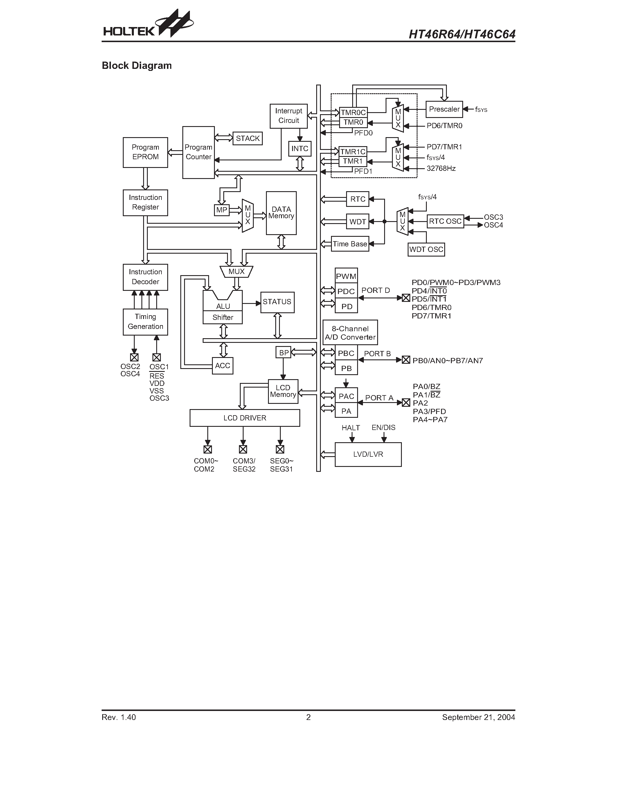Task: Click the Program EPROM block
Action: [x=145, y=152]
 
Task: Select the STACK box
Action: [x=247, y=138]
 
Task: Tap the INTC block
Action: [x=300, y=148]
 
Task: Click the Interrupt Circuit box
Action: [x=288, y=116]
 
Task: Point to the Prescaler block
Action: [x=444, y=109]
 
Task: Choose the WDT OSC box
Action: [x=426, y=250]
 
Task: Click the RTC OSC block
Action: [x=445, y=221]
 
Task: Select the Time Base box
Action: [x=350, y=244]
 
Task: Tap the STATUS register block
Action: [x=277, y=302]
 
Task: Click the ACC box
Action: [x=223, y=366]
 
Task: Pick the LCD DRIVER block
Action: [x=244, y=418]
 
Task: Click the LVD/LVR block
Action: [x=368, y=454]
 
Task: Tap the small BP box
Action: [x=283, y=353]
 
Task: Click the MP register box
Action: [x=222, y=210]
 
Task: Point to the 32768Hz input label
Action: [x=441, y=169]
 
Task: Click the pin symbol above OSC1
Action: [x=157, y=357]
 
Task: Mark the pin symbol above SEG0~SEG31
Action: [x=280, y=449]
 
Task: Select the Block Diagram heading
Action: [x=137, y=65]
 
